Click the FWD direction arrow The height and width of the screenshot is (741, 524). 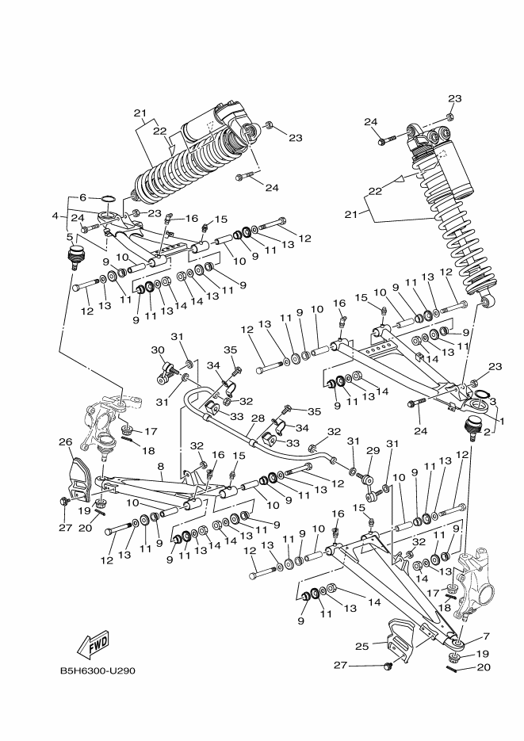(x=93, y=645)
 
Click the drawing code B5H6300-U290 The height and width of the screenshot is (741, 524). (x=97, y=670)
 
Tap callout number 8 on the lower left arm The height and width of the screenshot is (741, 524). (x=161, y=466)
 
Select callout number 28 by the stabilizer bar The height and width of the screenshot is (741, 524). (x=258, y=418)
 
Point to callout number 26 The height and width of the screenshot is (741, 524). (x=65, y=442)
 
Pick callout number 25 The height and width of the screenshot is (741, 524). (x=361, y=646)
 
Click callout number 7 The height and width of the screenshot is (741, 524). (x=486, y=636)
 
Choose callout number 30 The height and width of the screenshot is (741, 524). (x=157, y=350)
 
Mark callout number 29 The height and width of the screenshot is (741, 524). (x=373, y=450)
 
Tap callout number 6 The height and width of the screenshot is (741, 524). (x=82, y=197)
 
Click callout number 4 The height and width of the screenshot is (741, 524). (x=55, y=216)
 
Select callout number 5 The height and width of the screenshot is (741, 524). (x=70, y=236)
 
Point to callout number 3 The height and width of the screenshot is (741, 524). (x=493, y=402)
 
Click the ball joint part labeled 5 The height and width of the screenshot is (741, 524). (x=74, y=256)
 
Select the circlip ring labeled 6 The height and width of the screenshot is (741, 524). (x=108, y=197)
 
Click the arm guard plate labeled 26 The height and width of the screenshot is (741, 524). (x=80, y=479)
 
